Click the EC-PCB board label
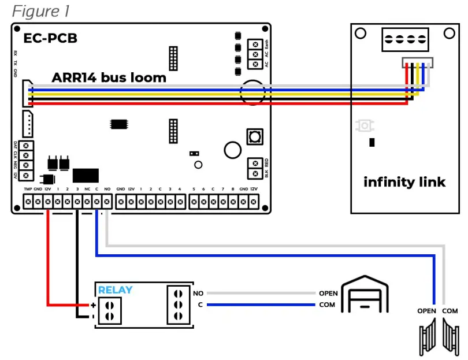tap(50, 39)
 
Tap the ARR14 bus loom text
tap(109, 77)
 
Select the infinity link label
tap(404, 182)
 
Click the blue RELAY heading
tap(115, 290)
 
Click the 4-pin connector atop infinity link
tap(404, 40)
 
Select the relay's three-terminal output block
tap(178, 305)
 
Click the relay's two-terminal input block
tap(109, 310)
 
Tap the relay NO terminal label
tap(198, 294)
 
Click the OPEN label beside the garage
tap(328, 294)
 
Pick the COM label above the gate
tap(450, 311)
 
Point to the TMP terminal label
tap(27, 190)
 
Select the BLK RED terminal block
tap(253, 168)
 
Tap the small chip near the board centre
tap(120, 124)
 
